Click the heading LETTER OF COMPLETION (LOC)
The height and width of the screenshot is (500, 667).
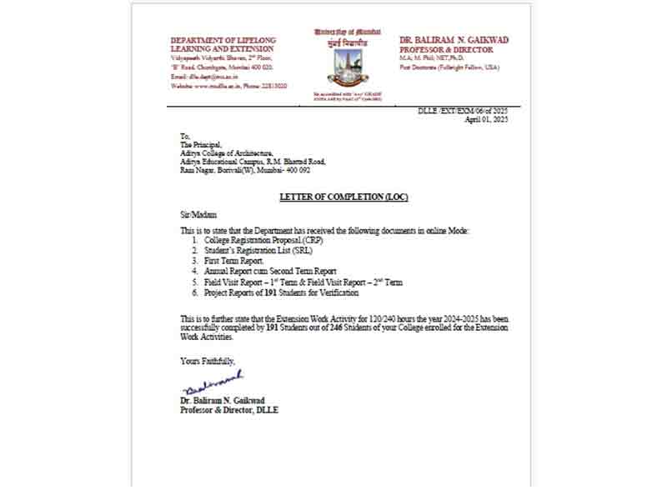pos(344,197)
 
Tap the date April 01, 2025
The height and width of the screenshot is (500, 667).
pos(486,119)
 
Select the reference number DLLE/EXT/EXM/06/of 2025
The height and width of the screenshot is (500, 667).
pos(463,111)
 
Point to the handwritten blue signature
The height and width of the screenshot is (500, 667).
pos(212,383)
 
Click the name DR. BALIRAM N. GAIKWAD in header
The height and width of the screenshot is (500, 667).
pos(454,40)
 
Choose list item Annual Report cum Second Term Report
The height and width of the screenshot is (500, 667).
pos(264,272)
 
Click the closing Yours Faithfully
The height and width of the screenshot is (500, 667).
pos(207,361)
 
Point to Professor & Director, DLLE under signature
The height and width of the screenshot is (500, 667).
pos(229,410)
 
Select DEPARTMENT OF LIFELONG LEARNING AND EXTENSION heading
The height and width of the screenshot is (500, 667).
pos(223,45)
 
